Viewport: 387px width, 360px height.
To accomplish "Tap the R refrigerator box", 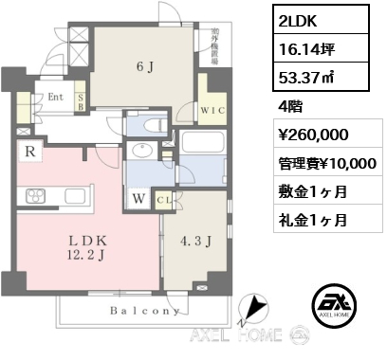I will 32,150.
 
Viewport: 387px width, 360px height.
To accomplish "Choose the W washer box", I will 139,199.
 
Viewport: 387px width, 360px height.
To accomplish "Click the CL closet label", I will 161,200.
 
